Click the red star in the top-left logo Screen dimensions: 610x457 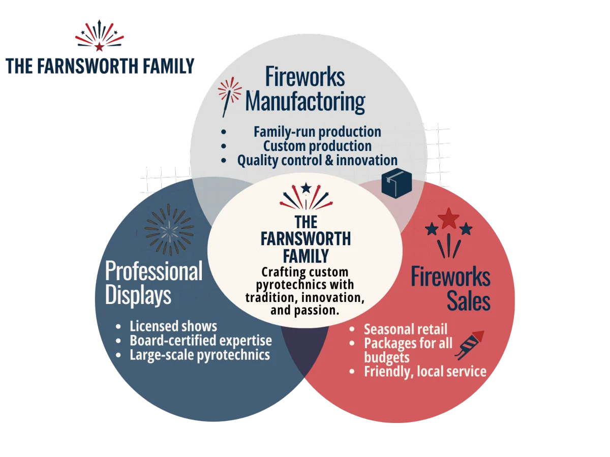coord(99,47)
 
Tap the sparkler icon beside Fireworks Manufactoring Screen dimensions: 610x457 coord(230,97)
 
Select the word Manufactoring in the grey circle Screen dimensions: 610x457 coord(305,102)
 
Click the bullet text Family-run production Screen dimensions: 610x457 coord(317,132)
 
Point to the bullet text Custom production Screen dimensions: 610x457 coord(317,146)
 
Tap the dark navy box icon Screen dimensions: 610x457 coord(396,183)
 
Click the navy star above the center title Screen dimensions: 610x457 coord(306,188)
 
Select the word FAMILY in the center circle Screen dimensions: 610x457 coord(306,256)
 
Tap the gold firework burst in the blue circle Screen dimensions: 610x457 coord(169,229)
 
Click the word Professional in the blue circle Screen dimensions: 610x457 coord(154,271)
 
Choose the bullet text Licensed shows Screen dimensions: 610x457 coord(173,326)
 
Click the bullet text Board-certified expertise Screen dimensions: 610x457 coord(201,341)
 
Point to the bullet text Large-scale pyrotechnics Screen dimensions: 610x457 coord(200,355)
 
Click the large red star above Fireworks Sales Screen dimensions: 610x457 coord(448,219)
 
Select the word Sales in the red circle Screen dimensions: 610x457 coord(469,301)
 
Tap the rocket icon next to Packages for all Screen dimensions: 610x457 coord(470,345)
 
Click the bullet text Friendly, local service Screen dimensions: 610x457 coord(425,372)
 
